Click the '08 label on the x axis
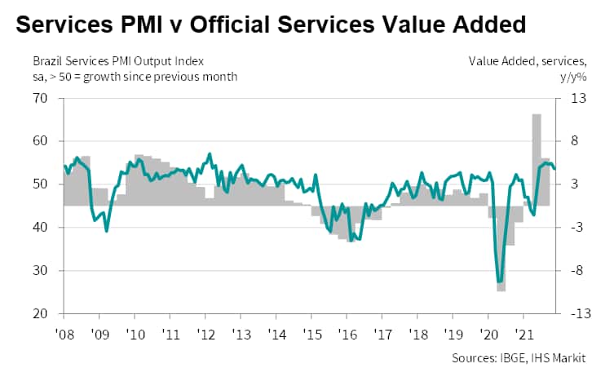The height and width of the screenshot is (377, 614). pos(64,335)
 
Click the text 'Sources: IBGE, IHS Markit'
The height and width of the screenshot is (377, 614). pos(528,358)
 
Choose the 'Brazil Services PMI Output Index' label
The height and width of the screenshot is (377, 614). pos(118,61)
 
